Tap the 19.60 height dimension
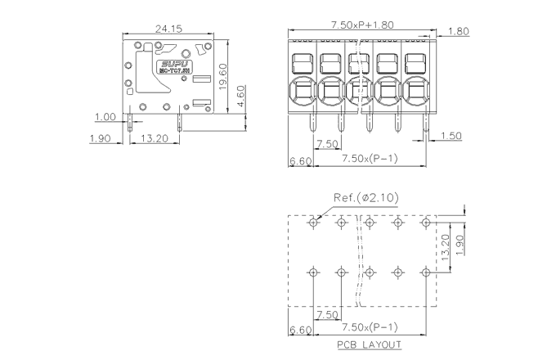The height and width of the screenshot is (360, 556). click(233, 77)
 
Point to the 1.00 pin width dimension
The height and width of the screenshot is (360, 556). click(105, 117)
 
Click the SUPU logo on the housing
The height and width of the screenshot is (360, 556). click(175, 62)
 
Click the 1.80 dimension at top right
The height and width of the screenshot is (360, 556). click(460, 32)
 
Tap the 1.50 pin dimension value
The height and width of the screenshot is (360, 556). click(451, 135)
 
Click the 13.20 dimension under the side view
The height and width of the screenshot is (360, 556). click(155, 138)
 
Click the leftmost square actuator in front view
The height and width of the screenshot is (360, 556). click(303, 62)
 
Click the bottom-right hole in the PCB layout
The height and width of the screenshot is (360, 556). click(425, 272)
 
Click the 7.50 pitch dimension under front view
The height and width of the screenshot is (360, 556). click(327, 144)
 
